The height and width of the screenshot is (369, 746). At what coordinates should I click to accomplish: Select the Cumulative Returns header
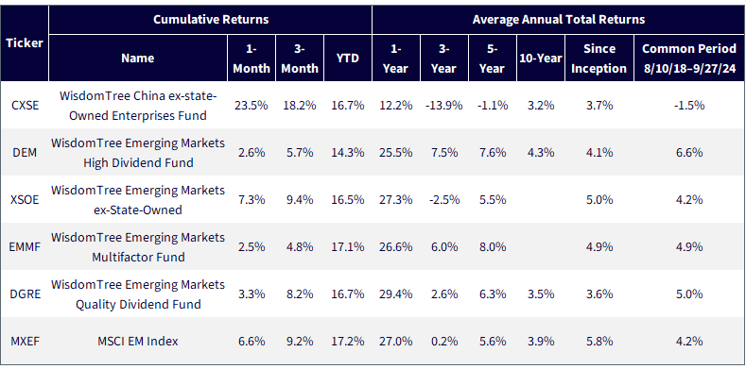(211, 20)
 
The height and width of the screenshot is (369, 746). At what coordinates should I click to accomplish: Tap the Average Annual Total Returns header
(559, 20)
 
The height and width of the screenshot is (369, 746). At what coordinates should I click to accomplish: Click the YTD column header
(348, 58)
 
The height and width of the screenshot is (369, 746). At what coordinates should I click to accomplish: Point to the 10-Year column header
(541, 58)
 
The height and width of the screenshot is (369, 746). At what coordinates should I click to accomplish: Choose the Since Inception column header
(599, 58)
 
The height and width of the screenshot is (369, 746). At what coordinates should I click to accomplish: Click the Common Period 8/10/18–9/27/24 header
(689, 58)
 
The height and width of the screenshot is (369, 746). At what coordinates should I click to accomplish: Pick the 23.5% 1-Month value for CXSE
(252, 105)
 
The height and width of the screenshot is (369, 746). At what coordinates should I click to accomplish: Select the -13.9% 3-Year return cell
(443, 105)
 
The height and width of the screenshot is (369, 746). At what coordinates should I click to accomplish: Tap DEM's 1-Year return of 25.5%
(395, 153)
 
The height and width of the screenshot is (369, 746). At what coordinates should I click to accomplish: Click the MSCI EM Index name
(138, 341)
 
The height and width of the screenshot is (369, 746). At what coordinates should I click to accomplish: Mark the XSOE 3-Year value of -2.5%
(443, 199)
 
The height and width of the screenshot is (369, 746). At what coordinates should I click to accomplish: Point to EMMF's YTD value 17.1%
(348, 247)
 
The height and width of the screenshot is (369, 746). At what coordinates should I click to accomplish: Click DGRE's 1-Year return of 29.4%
(395, 294)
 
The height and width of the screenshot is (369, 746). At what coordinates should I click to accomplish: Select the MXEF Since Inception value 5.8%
(599, 341)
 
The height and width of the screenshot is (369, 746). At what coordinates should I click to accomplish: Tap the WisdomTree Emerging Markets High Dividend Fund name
(138, 153)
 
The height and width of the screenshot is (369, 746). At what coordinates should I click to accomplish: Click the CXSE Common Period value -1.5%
(689, 105)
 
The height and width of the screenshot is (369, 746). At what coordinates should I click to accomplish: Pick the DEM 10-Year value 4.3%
(541, 153)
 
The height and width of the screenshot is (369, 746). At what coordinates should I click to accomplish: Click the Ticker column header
(25, 42)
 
